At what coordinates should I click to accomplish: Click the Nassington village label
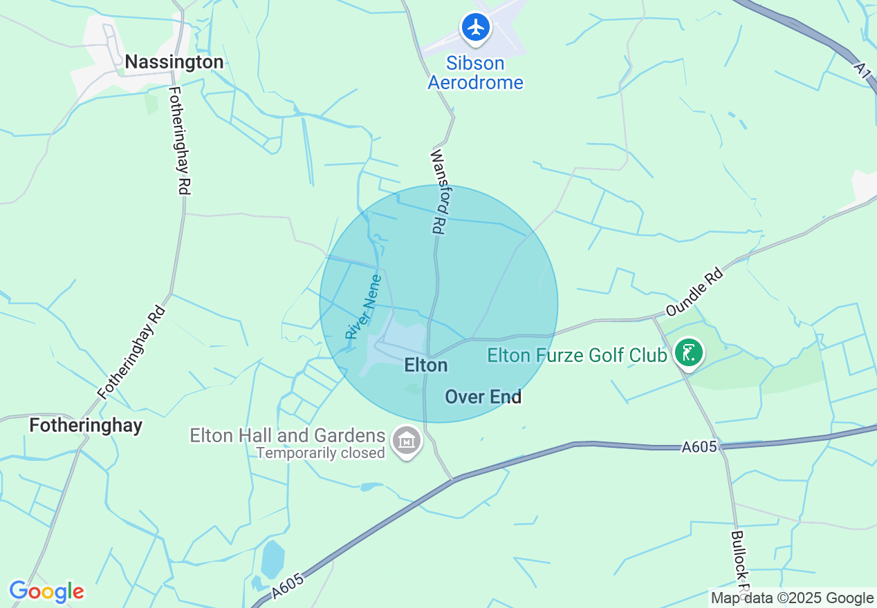(x=174, y=62)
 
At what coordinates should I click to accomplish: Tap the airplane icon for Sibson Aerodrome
(x=475, y=28)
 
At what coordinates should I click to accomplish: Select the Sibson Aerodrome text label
(x=475, y=73)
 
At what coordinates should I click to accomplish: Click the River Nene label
(x=363, y=307)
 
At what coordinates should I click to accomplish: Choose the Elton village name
(x=426, y=365)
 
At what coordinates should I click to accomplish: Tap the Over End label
(x=483, y=397)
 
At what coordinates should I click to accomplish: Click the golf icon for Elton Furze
(x=688, y=353)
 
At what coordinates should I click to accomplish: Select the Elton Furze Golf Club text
(x=577, y=355)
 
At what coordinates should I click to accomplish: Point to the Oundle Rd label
(x=694, y=292)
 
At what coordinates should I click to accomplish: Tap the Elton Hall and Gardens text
(x=287, y=436)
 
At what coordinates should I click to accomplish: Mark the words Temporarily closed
(x=320, y=453)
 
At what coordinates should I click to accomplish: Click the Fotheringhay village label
(x=86, y=425)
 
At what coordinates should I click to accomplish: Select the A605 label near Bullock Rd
(x=699, y=447)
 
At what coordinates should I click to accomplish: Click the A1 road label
(x=862, y=70)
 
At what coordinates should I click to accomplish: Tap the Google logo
(x=46, y=592)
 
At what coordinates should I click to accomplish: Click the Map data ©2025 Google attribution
(x=793, y=598)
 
